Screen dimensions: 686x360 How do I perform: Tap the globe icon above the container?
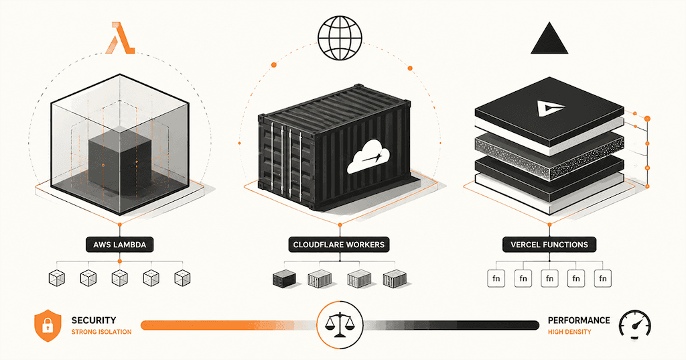point(340,38)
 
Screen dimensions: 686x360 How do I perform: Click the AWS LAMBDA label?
point(119,245)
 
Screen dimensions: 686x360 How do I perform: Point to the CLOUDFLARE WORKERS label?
point(338,245)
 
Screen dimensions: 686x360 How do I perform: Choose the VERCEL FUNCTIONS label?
point(549,245)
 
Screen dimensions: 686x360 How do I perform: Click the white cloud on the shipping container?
point(368,156)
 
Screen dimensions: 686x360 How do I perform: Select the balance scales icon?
point(340,324)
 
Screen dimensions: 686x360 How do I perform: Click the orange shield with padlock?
point(48,325)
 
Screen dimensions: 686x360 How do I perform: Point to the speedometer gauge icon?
point(635,326)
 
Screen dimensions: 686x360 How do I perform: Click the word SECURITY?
point(94,320)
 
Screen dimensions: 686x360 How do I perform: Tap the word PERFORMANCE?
point(579,320)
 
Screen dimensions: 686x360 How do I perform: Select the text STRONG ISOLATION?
point(102,332)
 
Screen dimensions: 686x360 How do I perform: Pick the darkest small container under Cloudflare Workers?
point(284,278)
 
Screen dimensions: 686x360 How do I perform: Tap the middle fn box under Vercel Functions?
point(549,278)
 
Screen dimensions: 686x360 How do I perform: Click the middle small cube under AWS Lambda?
point(119,278)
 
